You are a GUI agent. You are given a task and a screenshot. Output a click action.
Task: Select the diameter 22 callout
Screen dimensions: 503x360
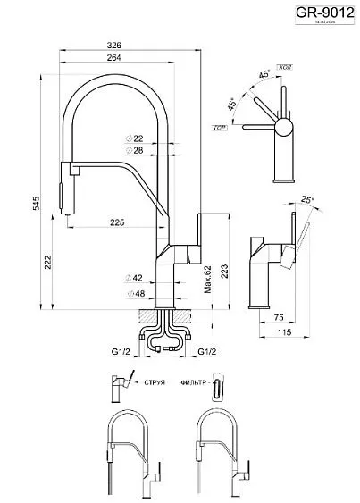click(138, 138)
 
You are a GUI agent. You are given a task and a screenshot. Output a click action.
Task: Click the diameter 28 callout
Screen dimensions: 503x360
click(138, 151)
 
